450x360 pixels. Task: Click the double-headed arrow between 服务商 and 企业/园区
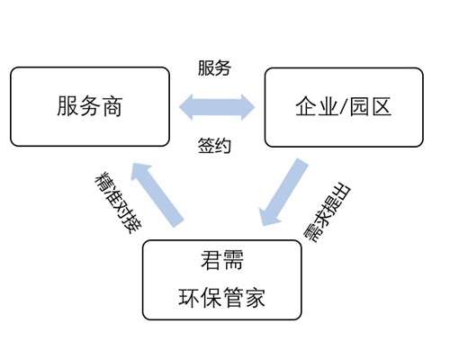click(217, 108)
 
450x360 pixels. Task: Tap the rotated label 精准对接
click(116, 202)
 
